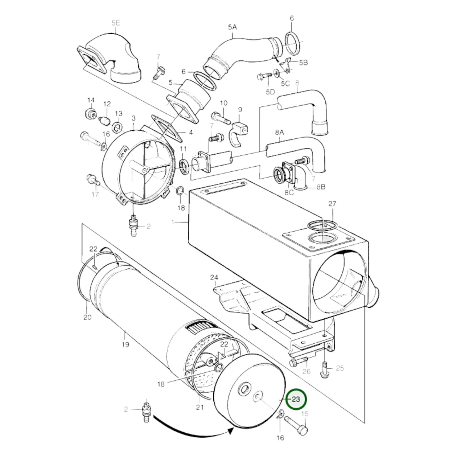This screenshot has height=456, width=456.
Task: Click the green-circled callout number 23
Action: (x=296, y=399)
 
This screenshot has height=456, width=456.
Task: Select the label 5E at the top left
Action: (x=116, y=23)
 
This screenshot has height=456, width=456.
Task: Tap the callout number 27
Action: (x=332, y=204)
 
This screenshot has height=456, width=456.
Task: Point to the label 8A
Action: (x=280, y=133)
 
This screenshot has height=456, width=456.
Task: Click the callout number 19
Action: (x=125, y=345)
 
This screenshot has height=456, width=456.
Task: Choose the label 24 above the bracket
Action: (x=214, y=277)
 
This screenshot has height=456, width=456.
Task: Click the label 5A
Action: (x=232, y=27)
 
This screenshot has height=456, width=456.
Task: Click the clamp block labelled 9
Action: (x=239, y=134)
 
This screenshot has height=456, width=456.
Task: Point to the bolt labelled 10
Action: (x=221, y=119)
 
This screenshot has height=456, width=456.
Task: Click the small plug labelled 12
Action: (x=104, y=121)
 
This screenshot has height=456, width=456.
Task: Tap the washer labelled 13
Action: (x=117, y=128)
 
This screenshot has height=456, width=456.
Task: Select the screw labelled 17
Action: (x=94, y=180)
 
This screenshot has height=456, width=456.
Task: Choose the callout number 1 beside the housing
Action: (x=173, y=222)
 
